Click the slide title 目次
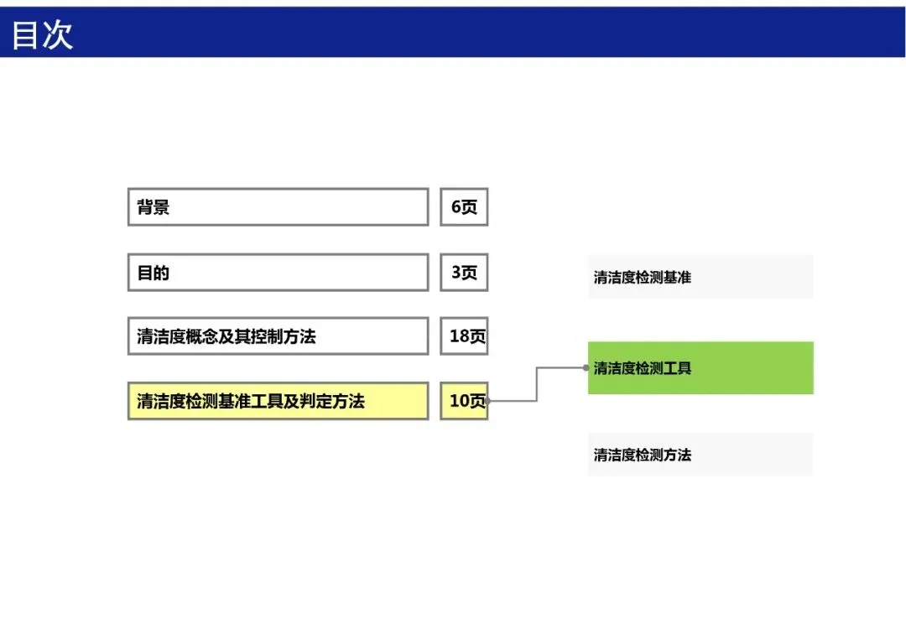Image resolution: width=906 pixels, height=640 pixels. [42, 34]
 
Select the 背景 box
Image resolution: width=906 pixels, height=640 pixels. [278, 207]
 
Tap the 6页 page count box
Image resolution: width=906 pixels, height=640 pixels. [464, 207]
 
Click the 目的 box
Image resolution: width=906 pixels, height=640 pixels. [278, 272]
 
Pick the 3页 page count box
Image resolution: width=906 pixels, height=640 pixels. [464, 272]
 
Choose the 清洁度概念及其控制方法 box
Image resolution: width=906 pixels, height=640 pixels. [278, 336]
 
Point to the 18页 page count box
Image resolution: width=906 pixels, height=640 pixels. [464, 336]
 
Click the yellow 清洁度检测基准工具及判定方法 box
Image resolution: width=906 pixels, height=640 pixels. [278, 401]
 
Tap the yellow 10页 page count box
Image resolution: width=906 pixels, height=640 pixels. [464, 401]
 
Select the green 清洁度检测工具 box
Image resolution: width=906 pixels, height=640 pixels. [700, 368]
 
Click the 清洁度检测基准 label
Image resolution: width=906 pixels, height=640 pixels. [643, 278]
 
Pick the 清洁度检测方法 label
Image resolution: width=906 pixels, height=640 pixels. [643, 455]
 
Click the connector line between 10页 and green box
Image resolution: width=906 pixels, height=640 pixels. [537, 384]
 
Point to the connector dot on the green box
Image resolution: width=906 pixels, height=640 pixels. [586, 367]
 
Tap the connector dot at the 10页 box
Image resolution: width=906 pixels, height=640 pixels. [488, 400]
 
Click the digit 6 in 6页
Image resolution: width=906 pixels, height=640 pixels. [456, 207]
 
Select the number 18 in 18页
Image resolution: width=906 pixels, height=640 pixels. [459, 336]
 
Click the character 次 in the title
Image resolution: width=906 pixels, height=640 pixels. [58, 34]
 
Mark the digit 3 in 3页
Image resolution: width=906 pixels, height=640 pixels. [456, 272]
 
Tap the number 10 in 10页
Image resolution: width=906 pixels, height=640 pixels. [459, 400]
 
